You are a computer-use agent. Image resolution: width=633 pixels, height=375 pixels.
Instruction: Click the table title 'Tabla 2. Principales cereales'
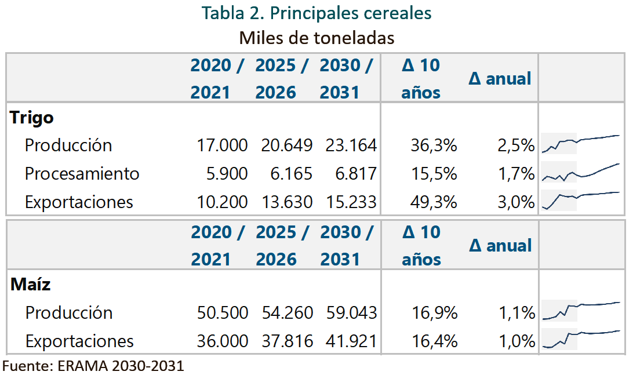point(316,13)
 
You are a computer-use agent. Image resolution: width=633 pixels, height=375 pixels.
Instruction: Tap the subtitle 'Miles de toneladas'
point(316,38)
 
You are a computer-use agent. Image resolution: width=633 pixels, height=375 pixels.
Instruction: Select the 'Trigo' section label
point(31,118)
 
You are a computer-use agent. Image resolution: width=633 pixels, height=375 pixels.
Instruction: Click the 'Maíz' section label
point(31,284)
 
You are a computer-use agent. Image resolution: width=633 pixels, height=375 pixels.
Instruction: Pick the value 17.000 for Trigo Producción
point(222,145)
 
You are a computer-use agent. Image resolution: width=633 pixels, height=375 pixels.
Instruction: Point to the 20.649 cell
point(286,145)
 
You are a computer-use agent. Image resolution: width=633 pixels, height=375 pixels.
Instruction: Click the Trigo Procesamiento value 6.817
point(356,173)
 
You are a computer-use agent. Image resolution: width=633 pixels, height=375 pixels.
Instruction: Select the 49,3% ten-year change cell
point(434,202)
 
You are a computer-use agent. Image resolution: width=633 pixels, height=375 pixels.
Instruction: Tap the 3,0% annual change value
point(516,202)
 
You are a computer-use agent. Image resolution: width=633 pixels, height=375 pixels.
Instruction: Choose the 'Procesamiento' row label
point(82,173)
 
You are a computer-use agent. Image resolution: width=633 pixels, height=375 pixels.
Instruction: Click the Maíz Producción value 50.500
point(223,313)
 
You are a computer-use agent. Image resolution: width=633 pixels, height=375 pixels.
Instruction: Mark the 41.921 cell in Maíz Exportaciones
point(351,341)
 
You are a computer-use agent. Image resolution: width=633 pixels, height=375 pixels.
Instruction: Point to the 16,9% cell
point(434,313)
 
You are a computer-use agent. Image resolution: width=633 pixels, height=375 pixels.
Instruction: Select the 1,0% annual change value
point(516,341)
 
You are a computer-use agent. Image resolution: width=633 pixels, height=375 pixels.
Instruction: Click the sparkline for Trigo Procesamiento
point(581,172)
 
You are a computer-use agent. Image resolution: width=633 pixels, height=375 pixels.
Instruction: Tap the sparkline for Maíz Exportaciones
point(581,339)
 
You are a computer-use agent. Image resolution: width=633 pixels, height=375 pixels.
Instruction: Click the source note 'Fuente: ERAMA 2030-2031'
point(93,366)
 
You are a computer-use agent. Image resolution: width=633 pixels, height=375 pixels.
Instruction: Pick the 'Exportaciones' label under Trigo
point(79,202)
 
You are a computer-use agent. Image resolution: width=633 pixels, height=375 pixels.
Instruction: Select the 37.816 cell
point(287,341)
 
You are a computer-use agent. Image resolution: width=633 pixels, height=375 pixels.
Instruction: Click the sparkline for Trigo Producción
point(581,144)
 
